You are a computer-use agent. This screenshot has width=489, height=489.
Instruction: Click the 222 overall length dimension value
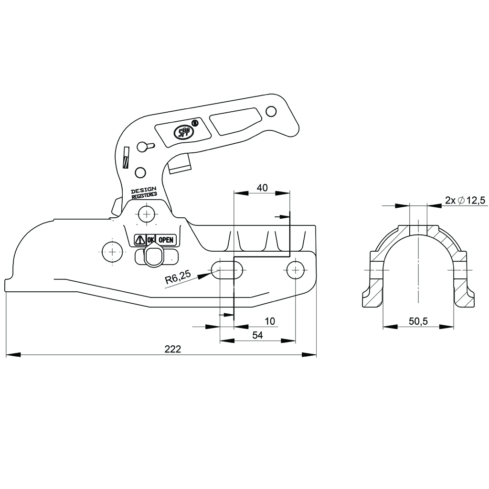point(172,349)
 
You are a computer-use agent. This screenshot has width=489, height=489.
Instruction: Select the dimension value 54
point(257,335)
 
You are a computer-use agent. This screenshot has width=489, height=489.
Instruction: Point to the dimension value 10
point(270,321)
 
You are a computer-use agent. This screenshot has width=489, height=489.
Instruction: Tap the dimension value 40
point(262,188)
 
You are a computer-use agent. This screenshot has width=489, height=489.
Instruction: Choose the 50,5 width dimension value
point(418,321)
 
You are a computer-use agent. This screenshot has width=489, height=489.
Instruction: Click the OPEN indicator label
point(166,240)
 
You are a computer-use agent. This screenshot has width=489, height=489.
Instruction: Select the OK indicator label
point(150,240)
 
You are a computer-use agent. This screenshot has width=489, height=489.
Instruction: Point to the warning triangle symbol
point(140,240)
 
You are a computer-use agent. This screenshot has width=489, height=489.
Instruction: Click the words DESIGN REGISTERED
point(144,192)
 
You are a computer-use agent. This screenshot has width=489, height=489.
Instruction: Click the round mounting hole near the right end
point(296,270)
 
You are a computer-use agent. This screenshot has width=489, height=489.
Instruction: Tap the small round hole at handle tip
point(271,111)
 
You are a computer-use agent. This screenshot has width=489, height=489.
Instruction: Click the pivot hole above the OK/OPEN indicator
point(146,212)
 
